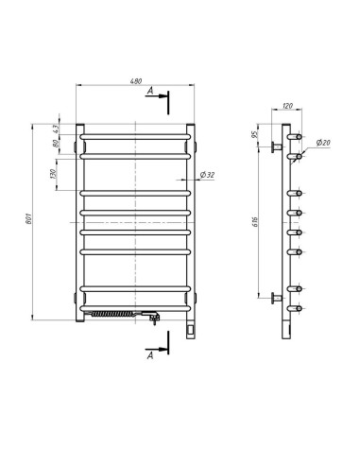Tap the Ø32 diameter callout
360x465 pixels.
208,177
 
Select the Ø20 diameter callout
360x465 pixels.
322,144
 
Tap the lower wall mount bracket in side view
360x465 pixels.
276,298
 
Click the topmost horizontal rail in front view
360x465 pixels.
137,138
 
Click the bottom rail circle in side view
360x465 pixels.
300,306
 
